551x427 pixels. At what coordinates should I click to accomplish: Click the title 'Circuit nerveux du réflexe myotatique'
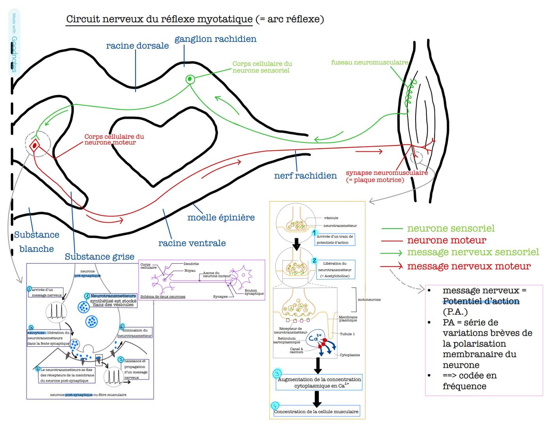[x=159, y=19]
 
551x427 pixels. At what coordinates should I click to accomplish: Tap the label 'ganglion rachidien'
[x=215, y=39]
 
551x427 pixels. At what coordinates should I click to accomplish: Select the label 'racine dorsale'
[x=137, y=46]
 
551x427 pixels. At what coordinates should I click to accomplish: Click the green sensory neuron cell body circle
[x=190, y=79]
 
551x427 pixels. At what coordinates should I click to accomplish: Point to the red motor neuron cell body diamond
[x=35, y=145]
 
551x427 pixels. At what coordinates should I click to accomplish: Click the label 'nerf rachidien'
[x=305, y=176]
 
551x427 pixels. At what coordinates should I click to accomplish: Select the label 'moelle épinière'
[x=221, y=217]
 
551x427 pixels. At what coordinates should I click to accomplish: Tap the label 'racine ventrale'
[x=192, y=243]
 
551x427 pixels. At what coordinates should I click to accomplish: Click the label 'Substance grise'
[x=100, y=257]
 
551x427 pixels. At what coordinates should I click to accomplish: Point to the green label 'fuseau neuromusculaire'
[x=369, y=62]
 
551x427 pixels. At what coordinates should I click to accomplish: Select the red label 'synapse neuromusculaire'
[x=386, y=173]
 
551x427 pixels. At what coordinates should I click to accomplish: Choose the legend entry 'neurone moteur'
[x=446, y=240]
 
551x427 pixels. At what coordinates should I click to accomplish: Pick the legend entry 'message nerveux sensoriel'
[x=473, y=252]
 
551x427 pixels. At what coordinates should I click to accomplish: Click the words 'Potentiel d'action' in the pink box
[x=481, y=301]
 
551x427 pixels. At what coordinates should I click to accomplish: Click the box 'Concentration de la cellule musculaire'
[x=316, y=412]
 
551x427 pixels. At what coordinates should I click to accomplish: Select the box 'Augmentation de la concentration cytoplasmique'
[x=319, y=382]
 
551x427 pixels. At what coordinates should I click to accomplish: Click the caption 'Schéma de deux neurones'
[x=163, y=297]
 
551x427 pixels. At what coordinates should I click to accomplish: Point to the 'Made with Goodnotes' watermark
[x=14, y=43]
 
